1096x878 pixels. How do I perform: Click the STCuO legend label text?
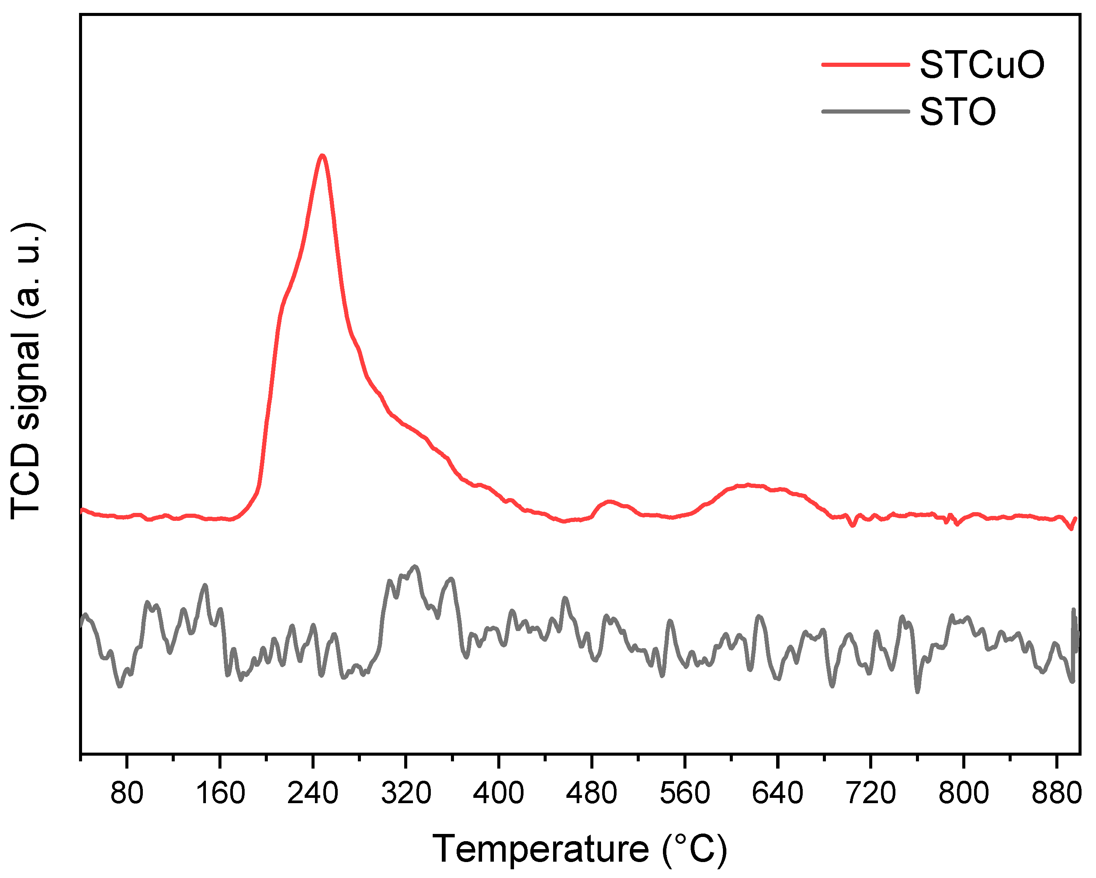pyautogui.click(x=982, y=65)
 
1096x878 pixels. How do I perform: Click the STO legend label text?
pyautogui.click(x=958, y=112)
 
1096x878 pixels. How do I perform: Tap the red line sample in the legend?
pyautogui.click(x=865, y=65)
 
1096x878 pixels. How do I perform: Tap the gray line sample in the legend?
pyautogui.click(x=865, y=111)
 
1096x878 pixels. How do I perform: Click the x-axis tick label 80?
pyautogui.click(x=127, y=793)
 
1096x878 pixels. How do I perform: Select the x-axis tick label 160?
pyautogui.click(x=220, y=793)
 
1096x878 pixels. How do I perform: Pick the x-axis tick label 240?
pyautogui.click(x=313, y=793)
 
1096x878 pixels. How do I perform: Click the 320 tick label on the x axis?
pyautogui.click(x=406, y=793)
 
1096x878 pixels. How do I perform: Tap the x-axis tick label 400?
pyautogui.click(x=498, y=793)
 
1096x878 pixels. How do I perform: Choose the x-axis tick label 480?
pyautogui.click(x=591, y=793)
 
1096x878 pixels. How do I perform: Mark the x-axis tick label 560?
pyautogui.click(x=684, y=793)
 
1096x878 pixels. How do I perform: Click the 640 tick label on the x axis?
pyautogui.click(x=777, y=793)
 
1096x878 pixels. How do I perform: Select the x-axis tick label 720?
pyautogui.click(x=870, y=793)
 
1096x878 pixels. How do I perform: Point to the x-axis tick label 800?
pyautogui.click(x=963, y=793)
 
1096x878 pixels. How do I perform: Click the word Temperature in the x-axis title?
pyautogui.click(x=540, y=849)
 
